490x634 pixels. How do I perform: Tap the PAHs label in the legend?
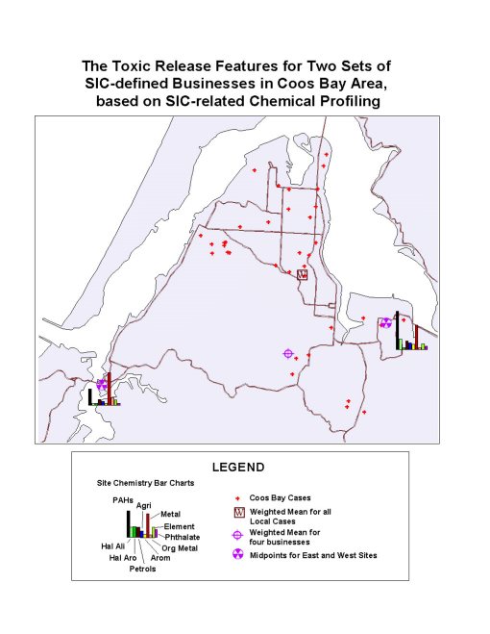tap(123, 499)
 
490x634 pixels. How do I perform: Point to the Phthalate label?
tap(182, 537)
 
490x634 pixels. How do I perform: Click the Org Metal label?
tap(176, 547)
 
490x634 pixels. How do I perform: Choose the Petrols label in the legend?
tap(142, 569)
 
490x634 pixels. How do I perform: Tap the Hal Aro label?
tap(123, 558)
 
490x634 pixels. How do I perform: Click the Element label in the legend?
tap(179, 526)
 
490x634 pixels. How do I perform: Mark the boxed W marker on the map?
tap(302, 274)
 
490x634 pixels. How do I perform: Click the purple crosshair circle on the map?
tap(287, 353)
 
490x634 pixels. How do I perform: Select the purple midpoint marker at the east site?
tap(385, 322)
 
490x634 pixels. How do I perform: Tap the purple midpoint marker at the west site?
tap(101, 384)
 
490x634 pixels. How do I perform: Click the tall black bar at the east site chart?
tap(397, 329)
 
